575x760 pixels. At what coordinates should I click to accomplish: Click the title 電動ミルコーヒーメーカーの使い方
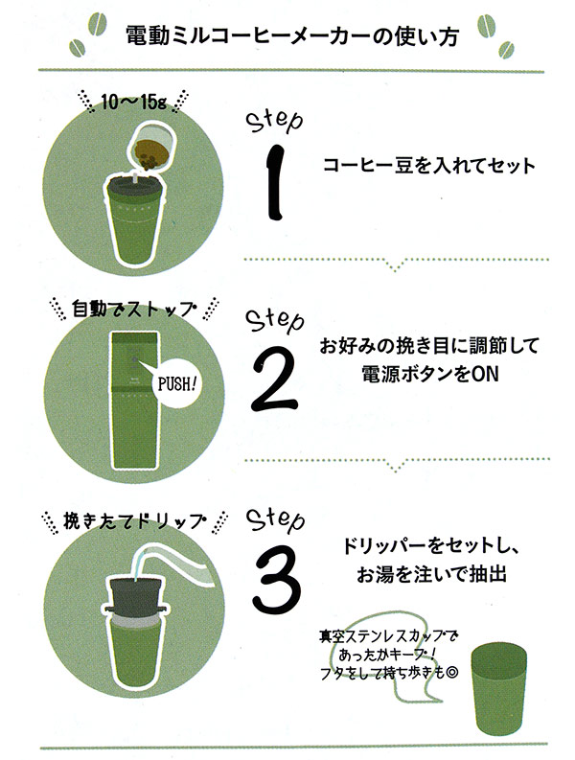coord(291,37)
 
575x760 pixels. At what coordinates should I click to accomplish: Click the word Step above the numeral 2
coord(275,323)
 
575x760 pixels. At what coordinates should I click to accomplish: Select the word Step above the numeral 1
coord(275,121)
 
